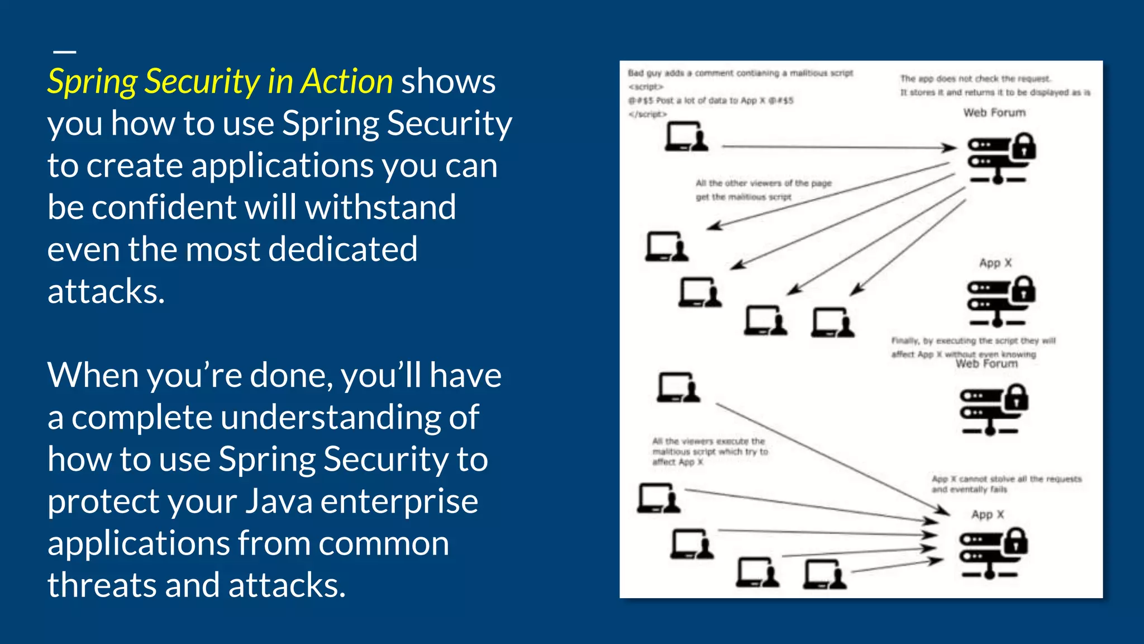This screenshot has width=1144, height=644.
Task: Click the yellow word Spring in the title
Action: [92, 82]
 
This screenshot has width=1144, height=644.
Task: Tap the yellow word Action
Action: [347, 82]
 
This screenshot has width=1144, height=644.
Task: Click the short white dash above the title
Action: [65, 51]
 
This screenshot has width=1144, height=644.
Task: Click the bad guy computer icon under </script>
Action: [686, 137]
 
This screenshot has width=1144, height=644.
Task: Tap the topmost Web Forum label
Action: [994, 113]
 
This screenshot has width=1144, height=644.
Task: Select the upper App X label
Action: [995, 263]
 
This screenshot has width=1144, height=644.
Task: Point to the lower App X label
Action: [987, 514]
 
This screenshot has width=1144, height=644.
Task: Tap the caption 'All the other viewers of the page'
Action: [763, 183]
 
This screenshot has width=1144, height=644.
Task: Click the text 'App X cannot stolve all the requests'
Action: [1006, 479]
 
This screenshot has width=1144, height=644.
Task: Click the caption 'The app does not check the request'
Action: [975, 79]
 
